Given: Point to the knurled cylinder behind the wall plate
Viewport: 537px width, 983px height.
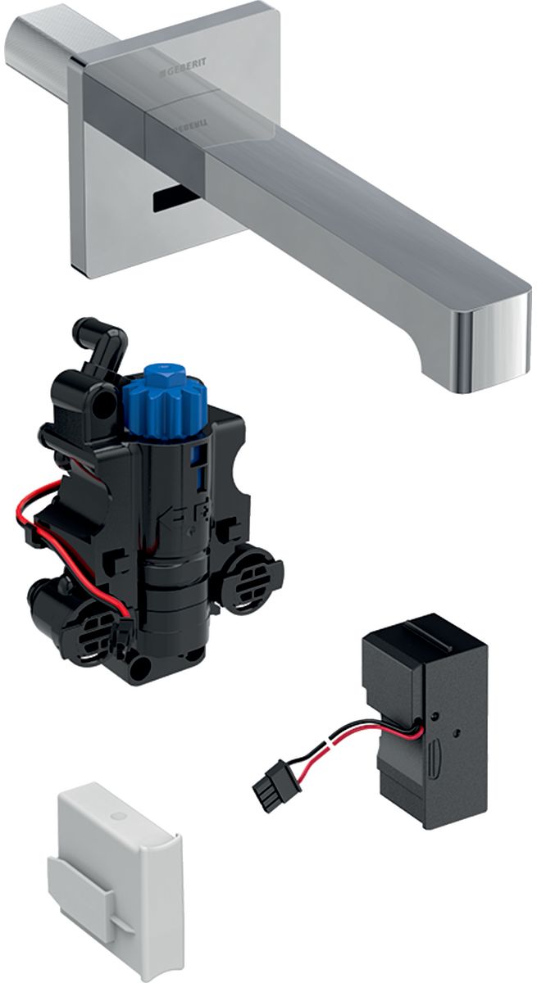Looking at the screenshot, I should pos(41,49).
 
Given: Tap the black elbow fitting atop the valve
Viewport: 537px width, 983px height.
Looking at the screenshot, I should pos(99,344).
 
